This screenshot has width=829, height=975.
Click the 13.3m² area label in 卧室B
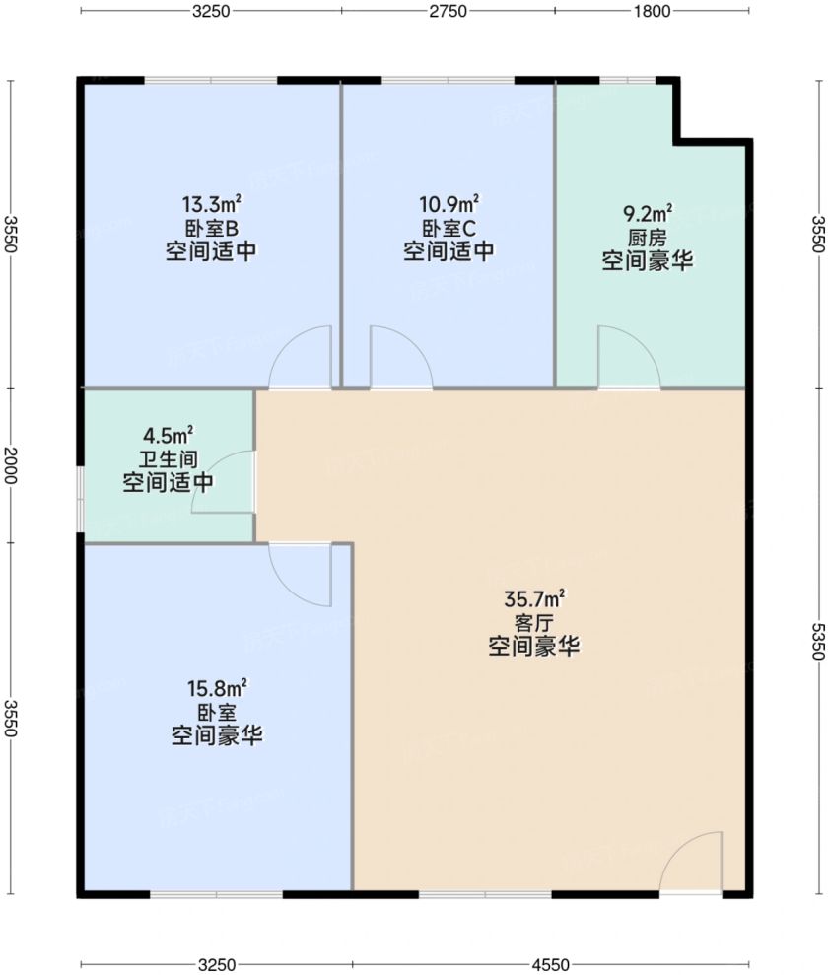coord(212,204)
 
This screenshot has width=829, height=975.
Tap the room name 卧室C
coord(449,228)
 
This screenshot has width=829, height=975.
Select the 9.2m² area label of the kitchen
coord(648,214)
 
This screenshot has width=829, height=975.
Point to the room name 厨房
coord(648,238)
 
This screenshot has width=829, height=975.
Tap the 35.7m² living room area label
coord(534,598)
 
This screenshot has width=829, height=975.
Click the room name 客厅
coord(534,622)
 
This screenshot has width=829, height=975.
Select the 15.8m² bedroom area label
coord(217,688)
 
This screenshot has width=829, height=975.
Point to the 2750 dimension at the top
coord(448,11)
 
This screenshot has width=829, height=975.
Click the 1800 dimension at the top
coord(652,11)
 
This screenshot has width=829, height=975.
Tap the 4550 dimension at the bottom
coord(550,964)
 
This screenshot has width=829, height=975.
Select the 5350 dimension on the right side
coord(818,641)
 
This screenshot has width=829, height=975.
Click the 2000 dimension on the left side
coord(10,465)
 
